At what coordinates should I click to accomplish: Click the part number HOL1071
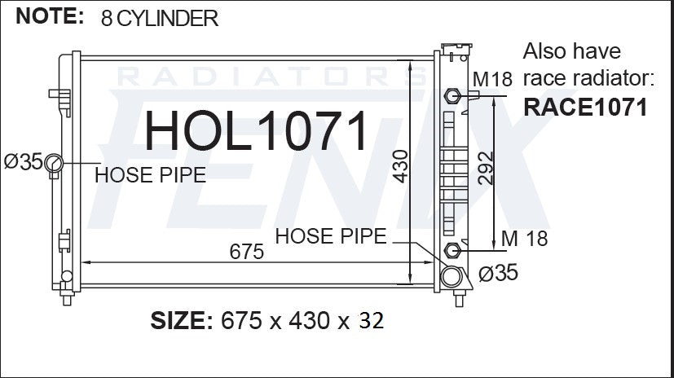tap(256, 130)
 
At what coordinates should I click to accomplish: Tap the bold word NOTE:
tap(50, 16)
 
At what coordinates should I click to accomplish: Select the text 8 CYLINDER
tap(160, 19)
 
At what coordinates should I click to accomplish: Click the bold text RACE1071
tap(585, 107)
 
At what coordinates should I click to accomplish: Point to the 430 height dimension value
tap(401, 166)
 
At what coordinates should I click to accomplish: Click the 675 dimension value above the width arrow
tap(246, 252)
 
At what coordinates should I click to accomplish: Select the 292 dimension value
tap(486, 168)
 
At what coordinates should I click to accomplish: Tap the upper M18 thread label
tap(492, 79)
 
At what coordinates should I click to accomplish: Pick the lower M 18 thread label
tap(524, 239)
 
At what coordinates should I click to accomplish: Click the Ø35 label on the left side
tap(24, 162)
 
